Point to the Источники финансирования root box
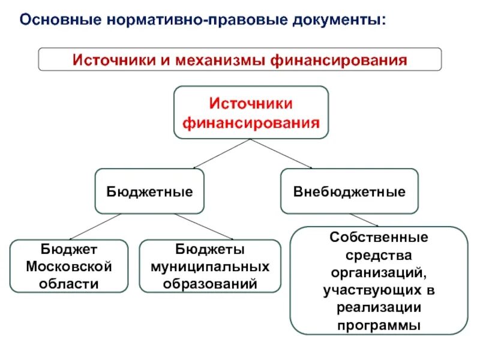251,113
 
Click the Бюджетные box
149,192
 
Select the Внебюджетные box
349,192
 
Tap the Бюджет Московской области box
69,266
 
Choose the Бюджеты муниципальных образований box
210,266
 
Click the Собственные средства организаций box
379,280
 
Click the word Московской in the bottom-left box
69,266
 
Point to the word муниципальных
210,266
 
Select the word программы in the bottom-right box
379,326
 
